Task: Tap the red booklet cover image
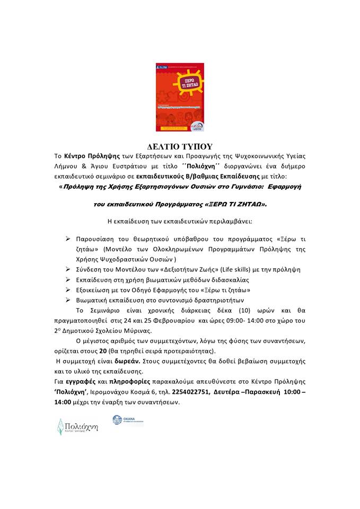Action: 180,98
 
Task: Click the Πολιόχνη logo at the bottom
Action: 78,426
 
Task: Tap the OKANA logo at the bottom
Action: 128,421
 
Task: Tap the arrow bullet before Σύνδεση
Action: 68,269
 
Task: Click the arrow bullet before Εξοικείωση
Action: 68,289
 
